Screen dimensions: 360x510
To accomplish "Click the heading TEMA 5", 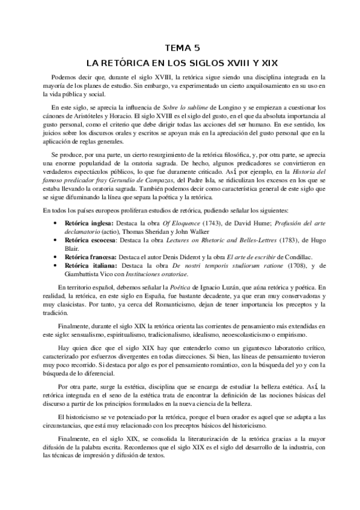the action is coord(180,48).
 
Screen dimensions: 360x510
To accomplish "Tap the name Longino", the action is coord(221,106).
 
